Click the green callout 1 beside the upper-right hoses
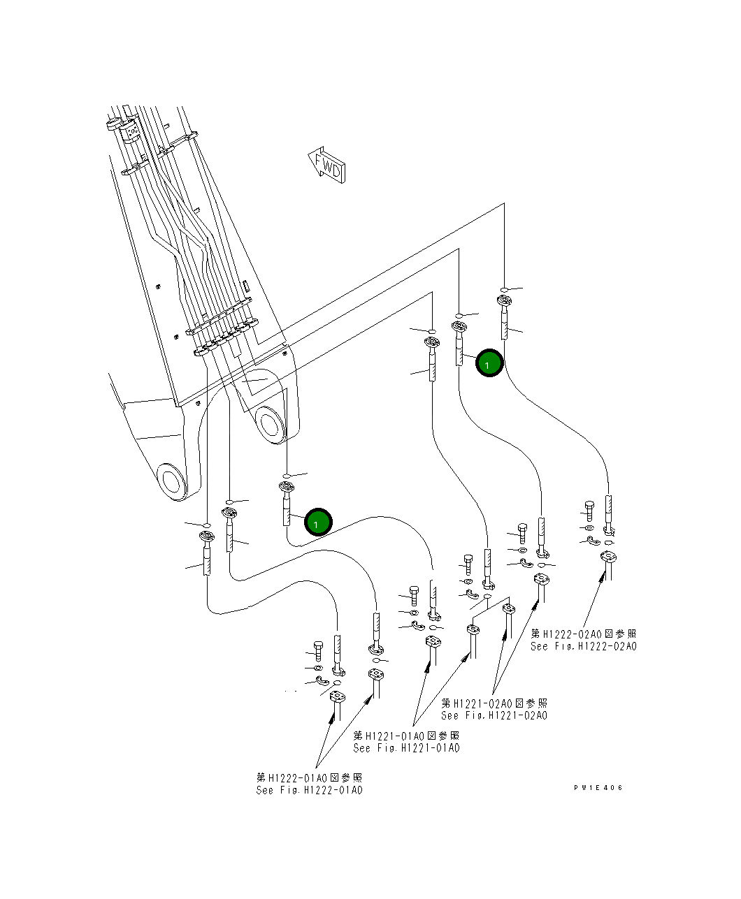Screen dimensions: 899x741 click(x=489, y=363)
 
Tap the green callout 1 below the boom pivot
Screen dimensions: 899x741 click(x=317, y=522)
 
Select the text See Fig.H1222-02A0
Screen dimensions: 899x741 click(x=583, y=647)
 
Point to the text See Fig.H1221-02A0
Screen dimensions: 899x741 click(x=494, y=715)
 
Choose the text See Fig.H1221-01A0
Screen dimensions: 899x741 click(x=406, y=748)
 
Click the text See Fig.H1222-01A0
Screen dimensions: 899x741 click(x=309, y=790)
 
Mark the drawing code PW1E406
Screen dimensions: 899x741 click(x=598, y=788)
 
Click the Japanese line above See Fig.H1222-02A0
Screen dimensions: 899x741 click(x=583, y=634)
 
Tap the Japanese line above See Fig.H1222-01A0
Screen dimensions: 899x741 click(x=309, y=777)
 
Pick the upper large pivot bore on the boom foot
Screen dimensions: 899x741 click(x=270, y=424)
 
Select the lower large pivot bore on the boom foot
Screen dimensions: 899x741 click(x=172, y=481)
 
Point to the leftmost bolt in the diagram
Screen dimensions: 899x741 click(x=319, y=650)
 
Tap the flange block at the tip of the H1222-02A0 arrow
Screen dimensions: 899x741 click(x=607, y=557)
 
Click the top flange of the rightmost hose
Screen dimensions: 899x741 click(x=504, y=301)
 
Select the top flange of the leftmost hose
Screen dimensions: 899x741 click(x=207, y=536)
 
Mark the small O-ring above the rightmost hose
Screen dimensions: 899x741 click(x=504, y=288)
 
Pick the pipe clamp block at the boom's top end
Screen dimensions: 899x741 click(x=130, y=131)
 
